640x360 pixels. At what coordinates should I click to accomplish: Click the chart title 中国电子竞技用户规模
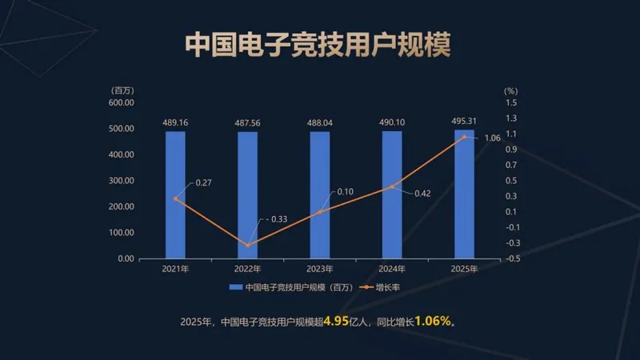coord(318,44)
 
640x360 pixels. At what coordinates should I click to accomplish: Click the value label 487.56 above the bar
coord(247,122)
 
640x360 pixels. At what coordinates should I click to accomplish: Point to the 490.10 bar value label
coord(392,122)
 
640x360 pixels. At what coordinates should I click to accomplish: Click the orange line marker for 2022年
coord(247,245)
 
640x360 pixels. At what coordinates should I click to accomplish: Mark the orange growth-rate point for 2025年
coord(464,137)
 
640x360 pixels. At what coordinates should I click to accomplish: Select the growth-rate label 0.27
coord(204,183)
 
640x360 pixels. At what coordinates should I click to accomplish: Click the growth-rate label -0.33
coord(277,219)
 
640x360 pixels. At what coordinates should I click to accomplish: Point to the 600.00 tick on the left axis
coord(121,102)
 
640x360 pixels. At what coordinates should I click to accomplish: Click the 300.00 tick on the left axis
coord(121,181)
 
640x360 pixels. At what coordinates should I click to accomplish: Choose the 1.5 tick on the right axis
coord(511,102)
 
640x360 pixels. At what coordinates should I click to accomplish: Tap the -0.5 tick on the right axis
coord(511,258)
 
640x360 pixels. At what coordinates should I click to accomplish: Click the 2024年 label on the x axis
coord(392,269)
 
